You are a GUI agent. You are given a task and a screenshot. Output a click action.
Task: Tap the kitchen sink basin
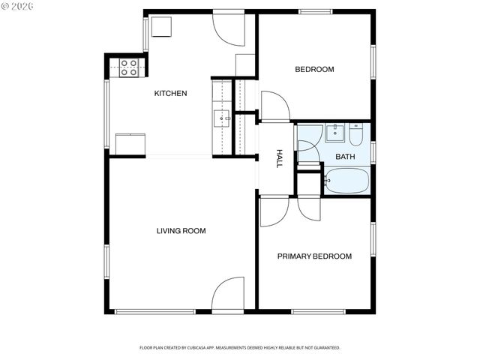coord(221,118)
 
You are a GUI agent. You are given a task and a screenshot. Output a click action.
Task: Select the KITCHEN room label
coord(170,94)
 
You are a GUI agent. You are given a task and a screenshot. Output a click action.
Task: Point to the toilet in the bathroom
coord(355,135)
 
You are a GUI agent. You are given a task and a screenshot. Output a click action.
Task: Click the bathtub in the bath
coord(346,180)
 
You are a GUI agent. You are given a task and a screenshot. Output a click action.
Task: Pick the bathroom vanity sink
coord(336,134)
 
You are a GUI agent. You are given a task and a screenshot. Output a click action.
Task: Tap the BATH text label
coord(345,157)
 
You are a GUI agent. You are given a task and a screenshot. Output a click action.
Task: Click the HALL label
coord(279,157)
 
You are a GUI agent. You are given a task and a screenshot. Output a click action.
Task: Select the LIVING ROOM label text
coord(181,231)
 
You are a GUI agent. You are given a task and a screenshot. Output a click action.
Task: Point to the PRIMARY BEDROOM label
coord(314,256)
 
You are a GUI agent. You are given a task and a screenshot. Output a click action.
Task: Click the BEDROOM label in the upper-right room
coord(314,70)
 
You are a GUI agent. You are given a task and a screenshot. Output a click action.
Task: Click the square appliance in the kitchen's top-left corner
coord(163,25)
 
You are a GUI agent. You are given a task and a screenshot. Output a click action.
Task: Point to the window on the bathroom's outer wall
coord(373,151)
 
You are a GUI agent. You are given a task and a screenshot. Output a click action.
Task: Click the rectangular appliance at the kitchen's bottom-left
coord(130,143)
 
